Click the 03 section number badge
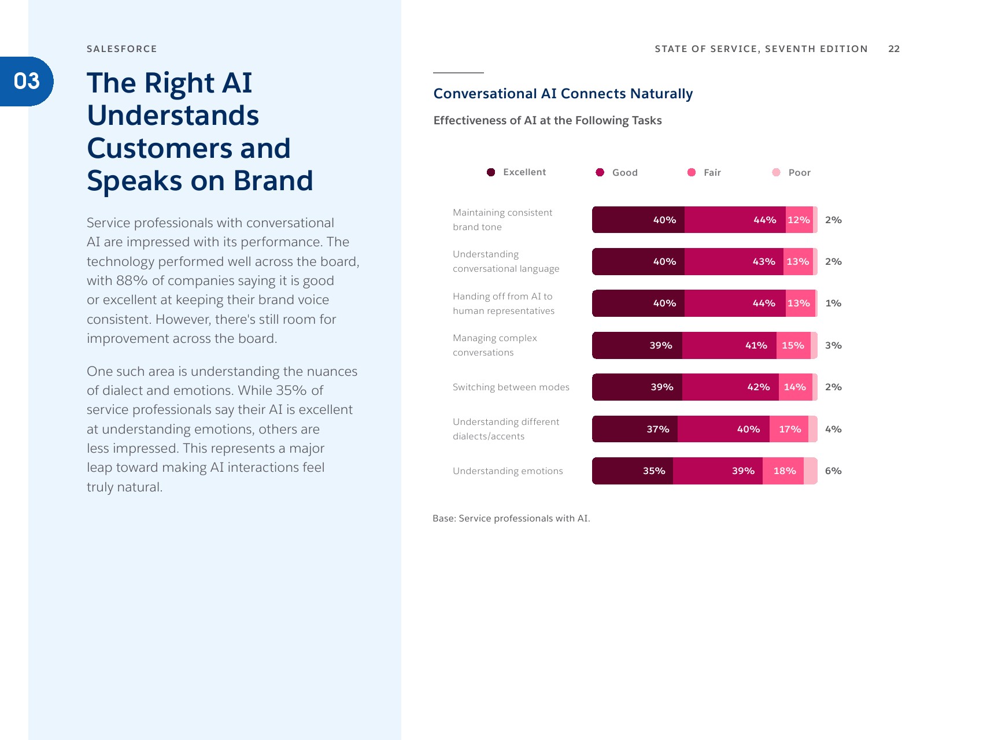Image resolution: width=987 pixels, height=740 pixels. [x=27, y=82]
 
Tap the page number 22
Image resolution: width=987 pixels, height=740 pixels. [x=894, y=49]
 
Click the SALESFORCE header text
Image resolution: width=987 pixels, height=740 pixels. [x=122, y=49]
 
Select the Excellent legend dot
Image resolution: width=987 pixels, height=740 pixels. [x=491, y=172]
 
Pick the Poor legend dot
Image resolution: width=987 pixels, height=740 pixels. [x=776, y=172]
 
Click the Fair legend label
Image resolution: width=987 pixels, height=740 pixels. [x=712, y=172]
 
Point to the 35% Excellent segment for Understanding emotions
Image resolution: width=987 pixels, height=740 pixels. [x=633, y=471]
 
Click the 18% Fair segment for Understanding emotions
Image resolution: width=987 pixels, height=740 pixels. [x=783, y=471]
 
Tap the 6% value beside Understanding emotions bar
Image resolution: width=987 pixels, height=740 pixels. [x=833, y=471]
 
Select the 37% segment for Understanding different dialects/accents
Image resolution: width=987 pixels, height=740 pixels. [x=635, y=429]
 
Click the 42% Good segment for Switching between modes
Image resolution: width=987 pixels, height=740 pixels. [x=730, y=387]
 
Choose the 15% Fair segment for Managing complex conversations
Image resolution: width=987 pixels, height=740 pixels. [x=793, y=346]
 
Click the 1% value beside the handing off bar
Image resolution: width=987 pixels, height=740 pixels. [x=833, y=304]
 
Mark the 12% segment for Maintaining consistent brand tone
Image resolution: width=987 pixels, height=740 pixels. [x=799, y=220]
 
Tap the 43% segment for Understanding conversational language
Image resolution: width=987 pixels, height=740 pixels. [x=734, y=262]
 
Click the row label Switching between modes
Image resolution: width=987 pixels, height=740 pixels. [x=511, y=387]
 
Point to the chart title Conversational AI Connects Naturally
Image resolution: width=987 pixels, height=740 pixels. [x=563, y=94]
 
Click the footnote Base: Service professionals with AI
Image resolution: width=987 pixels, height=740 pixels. [x=511, y=519]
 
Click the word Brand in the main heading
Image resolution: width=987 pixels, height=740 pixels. [x=273, y=181]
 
